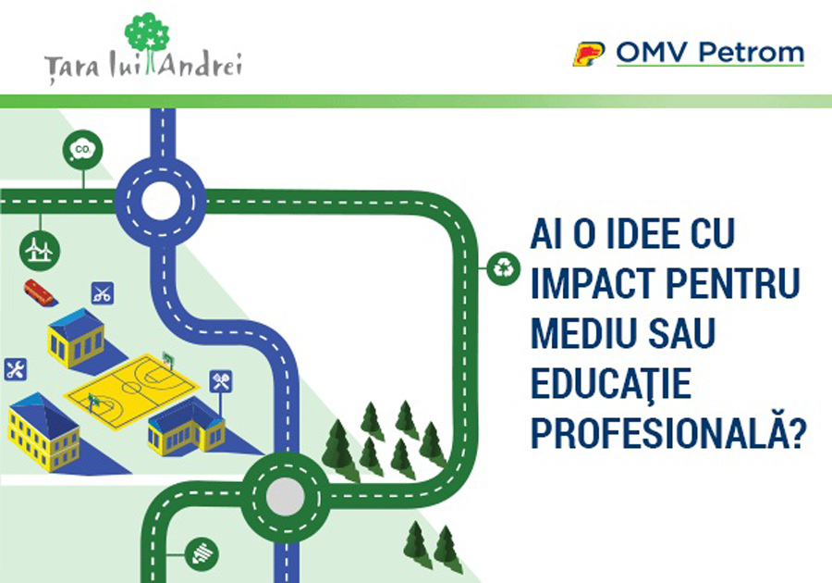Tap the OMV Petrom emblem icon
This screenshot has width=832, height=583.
(x=589, y=54)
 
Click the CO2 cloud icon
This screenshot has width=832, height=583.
(x=83, y=150)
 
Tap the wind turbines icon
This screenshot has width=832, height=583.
(x=40, y=250)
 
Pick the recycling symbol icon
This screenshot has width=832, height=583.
(x=503, y=268)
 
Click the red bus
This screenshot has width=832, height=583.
(x=39, y=292)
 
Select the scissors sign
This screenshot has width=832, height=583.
(x=103, y=293)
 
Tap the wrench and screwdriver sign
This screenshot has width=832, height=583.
(x=16, y=369)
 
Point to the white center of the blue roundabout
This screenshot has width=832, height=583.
(x=160, y=202)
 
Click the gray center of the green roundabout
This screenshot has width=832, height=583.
(x=286, y=498)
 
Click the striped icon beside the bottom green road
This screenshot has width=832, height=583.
(x=202, y=554)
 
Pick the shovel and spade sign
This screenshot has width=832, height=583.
(x=221, y=381)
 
